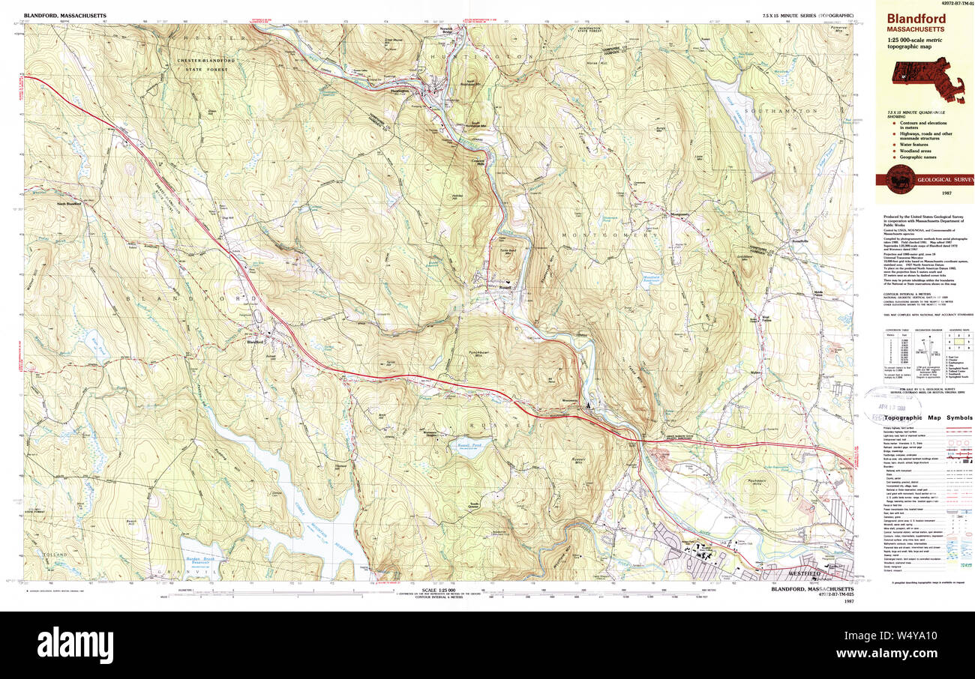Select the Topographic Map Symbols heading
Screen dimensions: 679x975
(x=927, y=417)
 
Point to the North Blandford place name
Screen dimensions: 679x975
(x=68, y=204)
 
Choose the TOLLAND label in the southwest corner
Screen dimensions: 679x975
(x=55, y=555)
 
